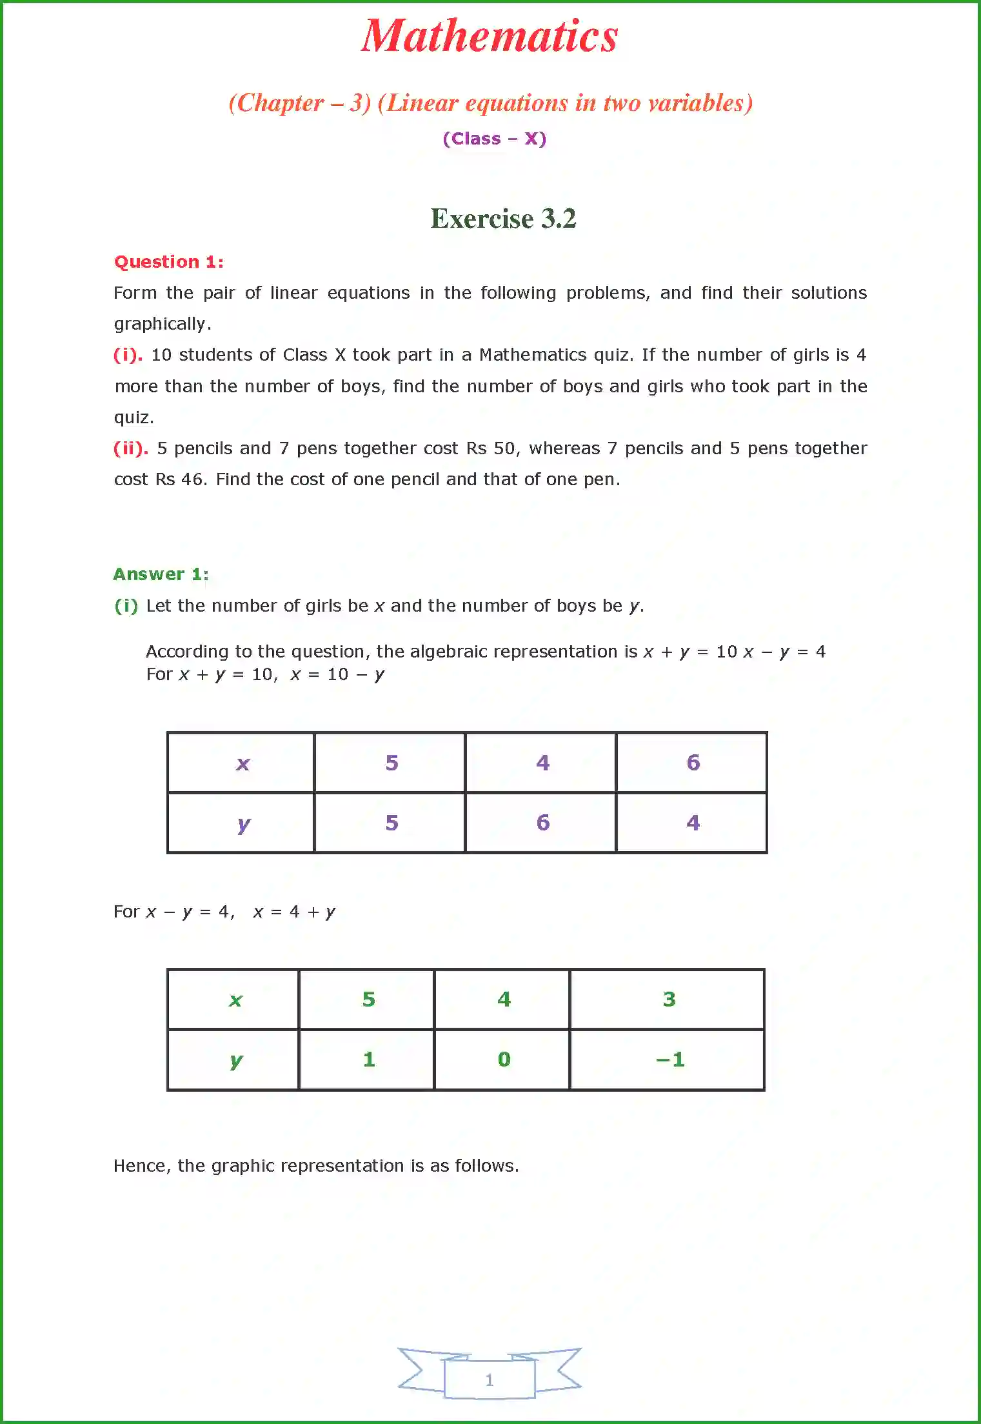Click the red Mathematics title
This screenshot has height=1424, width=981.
pos(490,37)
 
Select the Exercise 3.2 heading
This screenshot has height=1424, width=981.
pos(502,219)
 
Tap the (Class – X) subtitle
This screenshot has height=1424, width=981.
pos(494,139)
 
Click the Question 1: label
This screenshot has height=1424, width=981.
pos(168,262)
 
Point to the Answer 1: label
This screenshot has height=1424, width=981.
pos(161,574)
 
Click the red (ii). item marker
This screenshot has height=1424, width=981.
pos(131,448)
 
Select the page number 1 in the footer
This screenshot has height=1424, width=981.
pos(489,1379)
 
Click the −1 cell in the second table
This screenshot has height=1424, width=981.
pos(669,1059)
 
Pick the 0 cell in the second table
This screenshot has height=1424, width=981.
pos(504,1059)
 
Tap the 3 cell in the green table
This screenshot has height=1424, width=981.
pos(669,999)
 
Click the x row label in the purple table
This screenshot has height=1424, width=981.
pos(243,763)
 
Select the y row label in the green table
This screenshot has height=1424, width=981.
pos(236,1060)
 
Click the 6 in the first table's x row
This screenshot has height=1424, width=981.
pos(693,763)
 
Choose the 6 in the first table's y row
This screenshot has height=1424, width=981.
pos(542,823)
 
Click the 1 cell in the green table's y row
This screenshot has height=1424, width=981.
pos(368,1059)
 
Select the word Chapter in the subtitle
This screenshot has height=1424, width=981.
pos(281,103)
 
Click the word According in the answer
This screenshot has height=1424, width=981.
pos(187,652)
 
